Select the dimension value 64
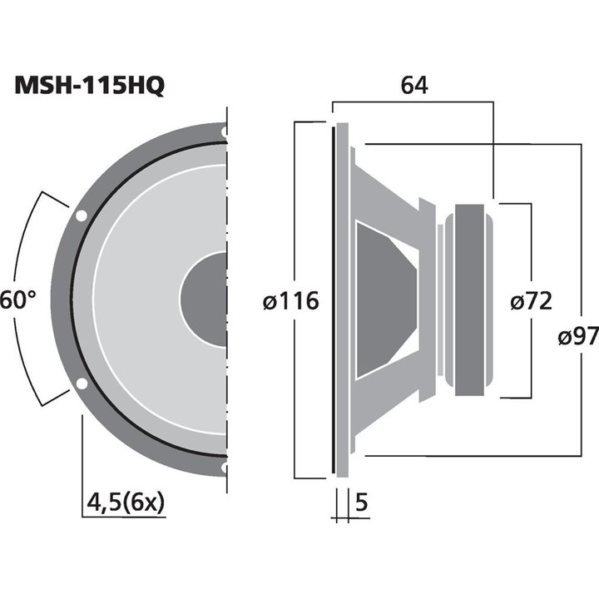point(413,85)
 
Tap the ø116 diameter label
point(290,300)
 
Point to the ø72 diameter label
point(530,300)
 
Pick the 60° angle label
point(18,299)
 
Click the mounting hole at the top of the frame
point(225,131)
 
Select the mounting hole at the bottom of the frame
point(225,468)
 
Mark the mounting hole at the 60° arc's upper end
point(82,216)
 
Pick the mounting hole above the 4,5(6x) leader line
point(82,384)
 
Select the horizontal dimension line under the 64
point(413,102)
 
